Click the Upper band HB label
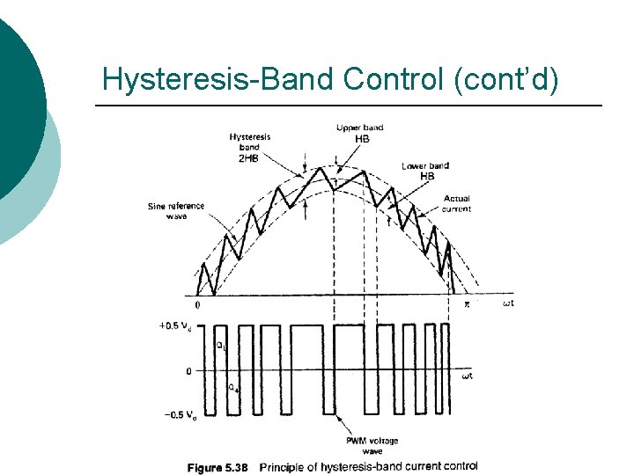tap(360, 133)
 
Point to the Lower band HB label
tap(425, 172)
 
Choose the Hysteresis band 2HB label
tap(250, 148)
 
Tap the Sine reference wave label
tap(176, 211)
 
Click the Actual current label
tap(457, 203)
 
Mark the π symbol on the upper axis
tap(468, 304)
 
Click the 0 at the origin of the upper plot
tap(197, 305)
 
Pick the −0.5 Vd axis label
tap(174, 415)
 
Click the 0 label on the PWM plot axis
tap(188, 371)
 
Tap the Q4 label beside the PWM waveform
tap(232, 388)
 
